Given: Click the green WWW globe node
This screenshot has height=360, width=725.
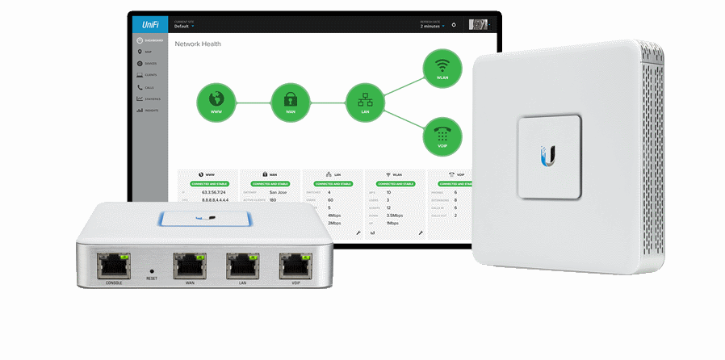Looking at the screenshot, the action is coord(216,102).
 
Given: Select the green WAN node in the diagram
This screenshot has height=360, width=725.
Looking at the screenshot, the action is coord(291,102).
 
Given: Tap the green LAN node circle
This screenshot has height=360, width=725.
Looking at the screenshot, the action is coord(364,102).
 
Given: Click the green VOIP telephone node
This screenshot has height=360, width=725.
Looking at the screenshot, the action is coord(442,136).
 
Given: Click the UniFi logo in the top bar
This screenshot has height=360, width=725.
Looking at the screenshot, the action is coord(150,24).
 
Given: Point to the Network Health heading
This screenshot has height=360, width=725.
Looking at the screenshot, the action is coord(198,44).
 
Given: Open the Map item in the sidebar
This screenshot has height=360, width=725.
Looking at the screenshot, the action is coord(149,52).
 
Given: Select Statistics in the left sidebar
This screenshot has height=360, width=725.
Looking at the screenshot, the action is coord(150,98).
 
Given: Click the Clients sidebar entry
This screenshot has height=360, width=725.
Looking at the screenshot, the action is coord(149,75).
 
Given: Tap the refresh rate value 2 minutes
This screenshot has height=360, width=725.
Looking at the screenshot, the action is coord(431,27).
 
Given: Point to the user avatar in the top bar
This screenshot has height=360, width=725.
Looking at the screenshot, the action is coord(478,24).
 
